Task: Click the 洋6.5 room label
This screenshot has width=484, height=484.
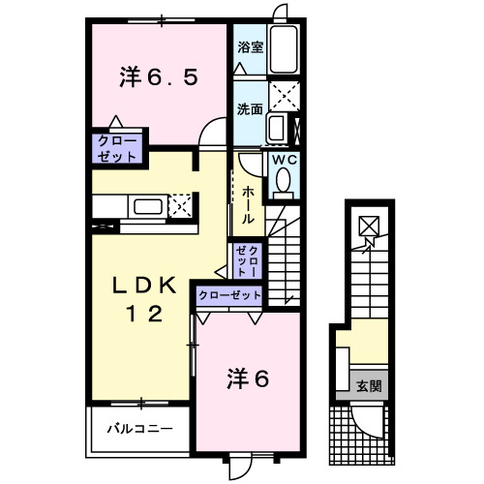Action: click(x=160, y=76)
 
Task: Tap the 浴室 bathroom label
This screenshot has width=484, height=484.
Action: click(x=249, y=45)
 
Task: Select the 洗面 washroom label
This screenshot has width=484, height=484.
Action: click(x=249, y=108)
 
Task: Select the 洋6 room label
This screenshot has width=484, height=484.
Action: click(x=248, y=378)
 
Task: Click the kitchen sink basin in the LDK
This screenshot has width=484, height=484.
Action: click(x=148, y=206)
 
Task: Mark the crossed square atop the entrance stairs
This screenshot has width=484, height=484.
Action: click(x=369, y=227)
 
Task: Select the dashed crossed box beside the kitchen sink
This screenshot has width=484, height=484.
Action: click(x=180, y=205)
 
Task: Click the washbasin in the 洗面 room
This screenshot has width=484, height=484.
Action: click(x=276, y=129)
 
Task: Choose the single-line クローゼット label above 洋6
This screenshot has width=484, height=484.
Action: click(x=230, y=294)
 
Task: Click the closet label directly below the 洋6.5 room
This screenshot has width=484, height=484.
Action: click(x=117, y=147)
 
